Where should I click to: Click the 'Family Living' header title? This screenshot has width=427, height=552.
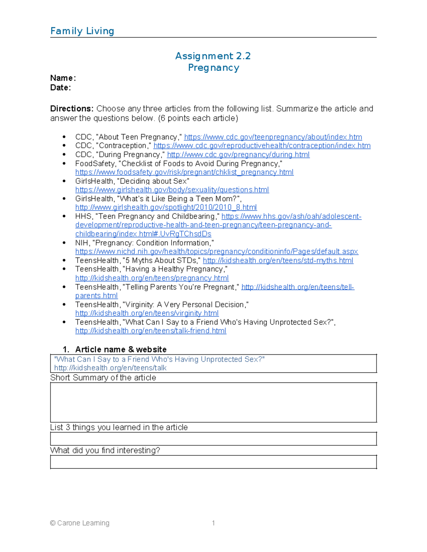[82, 31]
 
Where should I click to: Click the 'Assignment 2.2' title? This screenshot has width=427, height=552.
[213, 56]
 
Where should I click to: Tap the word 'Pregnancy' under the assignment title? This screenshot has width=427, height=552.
[213, 68]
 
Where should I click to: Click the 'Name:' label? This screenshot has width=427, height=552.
[63, 78]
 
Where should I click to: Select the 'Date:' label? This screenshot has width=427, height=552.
[60, 88]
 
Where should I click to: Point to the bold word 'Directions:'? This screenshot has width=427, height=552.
[72, 109]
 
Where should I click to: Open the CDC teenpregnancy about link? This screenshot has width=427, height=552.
[273, 137]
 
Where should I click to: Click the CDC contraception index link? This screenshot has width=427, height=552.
[262, 146]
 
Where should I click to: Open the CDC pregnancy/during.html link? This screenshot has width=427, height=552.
[238, 155]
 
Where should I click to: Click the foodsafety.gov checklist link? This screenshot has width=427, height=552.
[184, 172]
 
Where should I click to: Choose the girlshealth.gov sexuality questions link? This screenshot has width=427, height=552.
[172, 190]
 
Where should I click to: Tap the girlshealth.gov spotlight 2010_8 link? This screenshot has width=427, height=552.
[166, 208]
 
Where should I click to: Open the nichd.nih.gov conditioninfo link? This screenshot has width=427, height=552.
[216, 252]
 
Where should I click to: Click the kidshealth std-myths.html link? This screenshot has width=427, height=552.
[278, 261]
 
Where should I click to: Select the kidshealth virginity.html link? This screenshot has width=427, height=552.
[147, 313]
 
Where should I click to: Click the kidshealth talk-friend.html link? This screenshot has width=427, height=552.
[151, 331]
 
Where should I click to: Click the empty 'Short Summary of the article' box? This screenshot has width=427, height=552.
[213, 402]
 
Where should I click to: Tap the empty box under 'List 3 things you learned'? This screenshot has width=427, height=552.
[213, 439]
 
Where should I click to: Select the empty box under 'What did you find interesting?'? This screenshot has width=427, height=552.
[213, 462]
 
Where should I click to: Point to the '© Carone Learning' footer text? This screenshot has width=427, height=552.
[80, 523]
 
